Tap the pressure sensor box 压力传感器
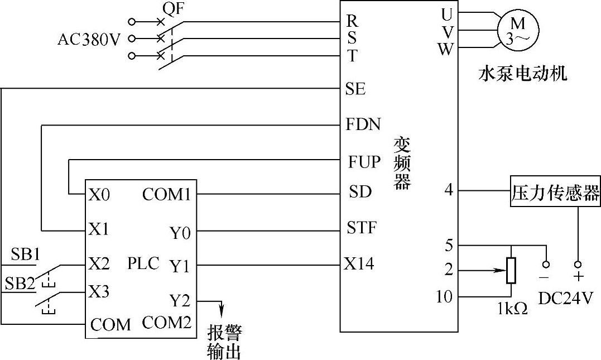pos(556,193)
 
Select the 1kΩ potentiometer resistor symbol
pos(510,271)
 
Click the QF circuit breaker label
pos(173,9)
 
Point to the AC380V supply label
pos(89,40)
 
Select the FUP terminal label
pos(364,162)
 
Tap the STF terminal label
pos(362,228)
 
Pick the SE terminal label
pos(355,89)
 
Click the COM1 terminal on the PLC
pos(166,194)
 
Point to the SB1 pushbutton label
pos(25,255)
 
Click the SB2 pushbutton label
pos(20,283)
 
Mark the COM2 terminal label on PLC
pos(167,323)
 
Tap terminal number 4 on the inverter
pos(448,190)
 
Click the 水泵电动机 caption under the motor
pos(522,74)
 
